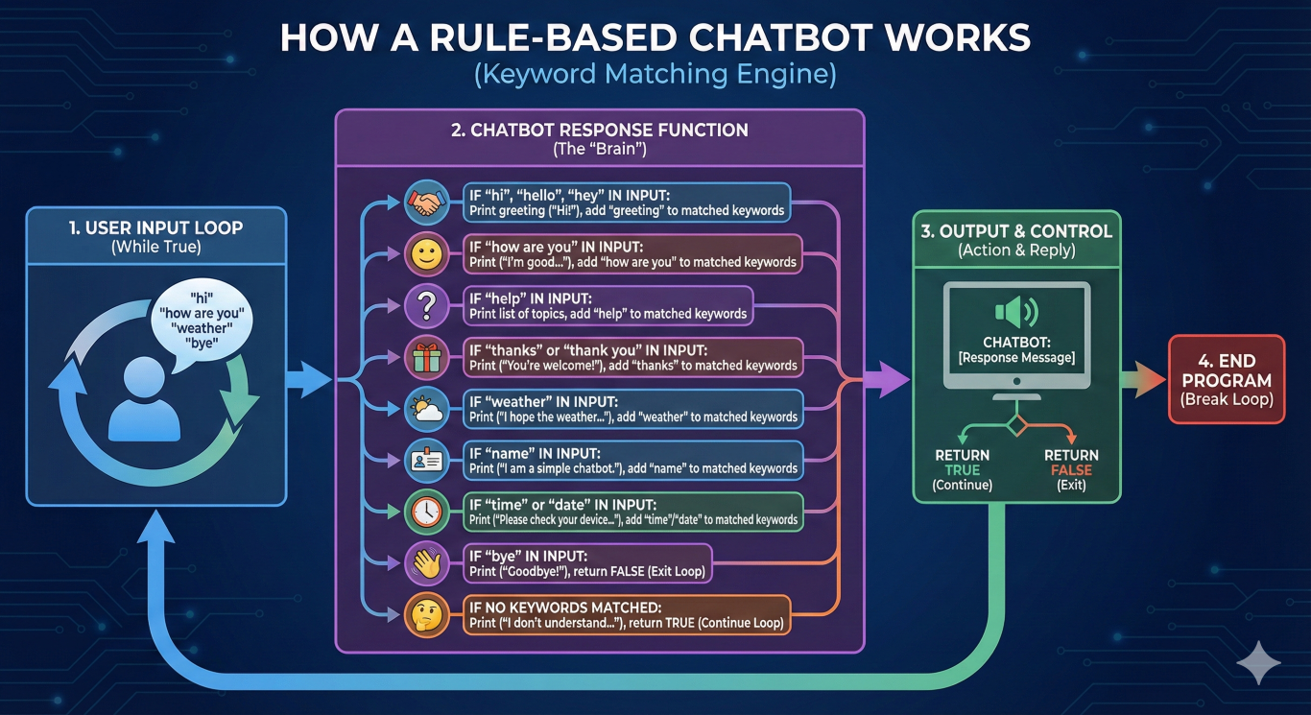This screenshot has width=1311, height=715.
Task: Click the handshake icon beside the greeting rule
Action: point(426,203)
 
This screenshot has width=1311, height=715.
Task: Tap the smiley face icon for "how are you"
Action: point(426,254)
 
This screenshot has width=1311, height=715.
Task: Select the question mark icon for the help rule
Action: point(426,306)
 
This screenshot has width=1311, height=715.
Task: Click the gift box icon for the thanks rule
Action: point(426,358)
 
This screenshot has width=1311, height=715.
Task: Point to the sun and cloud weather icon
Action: point(426,410)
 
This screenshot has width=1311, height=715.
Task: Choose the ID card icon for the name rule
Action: point(426,462)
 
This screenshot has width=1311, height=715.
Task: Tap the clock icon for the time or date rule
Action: point(426,512)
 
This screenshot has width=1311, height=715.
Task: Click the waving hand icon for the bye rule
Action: point(426,564)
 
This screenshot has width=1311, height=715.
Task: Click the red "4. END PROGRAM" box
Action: point(1226,378)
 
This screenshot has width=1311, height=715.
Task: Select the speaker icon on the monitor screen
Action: point(1015,312)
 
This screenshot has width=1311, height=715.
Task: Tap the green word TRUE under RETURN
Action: point(962,470)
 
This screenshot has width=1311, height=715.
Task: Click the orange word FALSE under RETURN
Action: point(1071,470)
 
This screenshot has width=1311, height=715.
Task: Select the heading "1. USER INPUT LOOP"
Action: point(155,228)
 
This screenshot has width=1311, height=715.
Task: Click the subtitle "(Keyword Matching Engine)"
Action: point(655,75)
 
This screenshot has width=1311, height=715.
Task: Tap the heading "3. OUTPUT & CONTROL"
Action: point(1015,231)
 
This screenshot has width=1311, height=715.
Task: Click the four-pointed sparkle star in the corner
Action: point(1258,663)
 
